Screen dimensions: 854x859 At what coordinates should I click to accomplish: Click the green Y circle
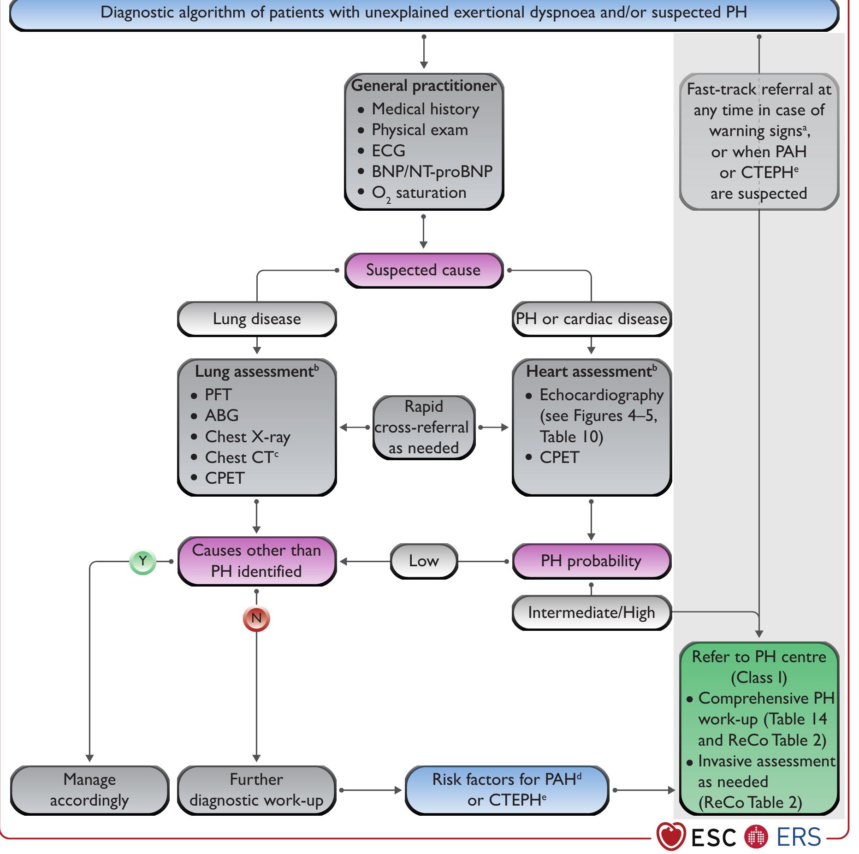(143, 562)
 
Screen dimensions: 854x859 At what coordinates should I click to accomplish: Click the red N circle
(256, 618)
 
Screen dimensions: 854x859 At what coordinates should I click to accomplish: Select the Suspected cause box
(423, 270)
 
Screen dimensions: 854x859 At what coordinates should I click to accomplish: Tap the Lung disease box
(257, 319)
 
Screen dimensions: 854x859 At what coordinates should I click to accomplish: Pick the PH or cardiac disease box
(591, 319)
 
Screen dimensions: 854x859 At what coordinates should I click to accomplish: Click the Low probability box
(423, 561)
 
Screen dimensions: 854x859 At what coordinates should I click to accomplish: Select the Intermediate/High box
(591, 612)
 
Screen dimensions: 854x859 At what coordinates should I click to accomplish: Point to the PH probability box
(591, 561)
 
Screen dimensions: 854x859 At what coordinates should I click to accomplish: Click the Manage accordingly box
(89, 790)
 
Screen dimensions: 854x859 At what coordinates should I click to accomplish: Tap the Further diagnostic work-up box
(256, 790)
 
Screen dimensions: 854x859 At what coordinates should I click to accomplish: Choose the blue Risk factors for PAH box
(506, 790)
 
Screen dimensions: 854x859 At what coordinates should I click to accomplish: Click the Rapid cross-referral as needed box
(423, 427)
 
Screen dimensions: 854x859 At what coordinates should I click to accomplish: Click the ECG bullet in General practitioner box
(388, 151)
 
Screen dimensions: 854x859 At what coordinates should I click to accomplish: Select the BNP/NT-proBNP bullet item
(432, 172)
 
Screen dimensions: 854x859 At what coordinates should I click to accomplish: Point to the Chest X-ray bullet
(247, 437)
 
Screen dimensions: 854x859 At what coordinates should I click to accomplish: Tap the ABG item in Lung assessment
(221, 415)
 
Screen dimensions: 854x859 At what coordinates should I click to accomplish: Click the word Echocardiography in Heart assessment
(601, 395)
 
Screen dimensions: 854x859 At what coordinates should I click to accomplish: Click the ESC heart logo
(671, 836)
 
